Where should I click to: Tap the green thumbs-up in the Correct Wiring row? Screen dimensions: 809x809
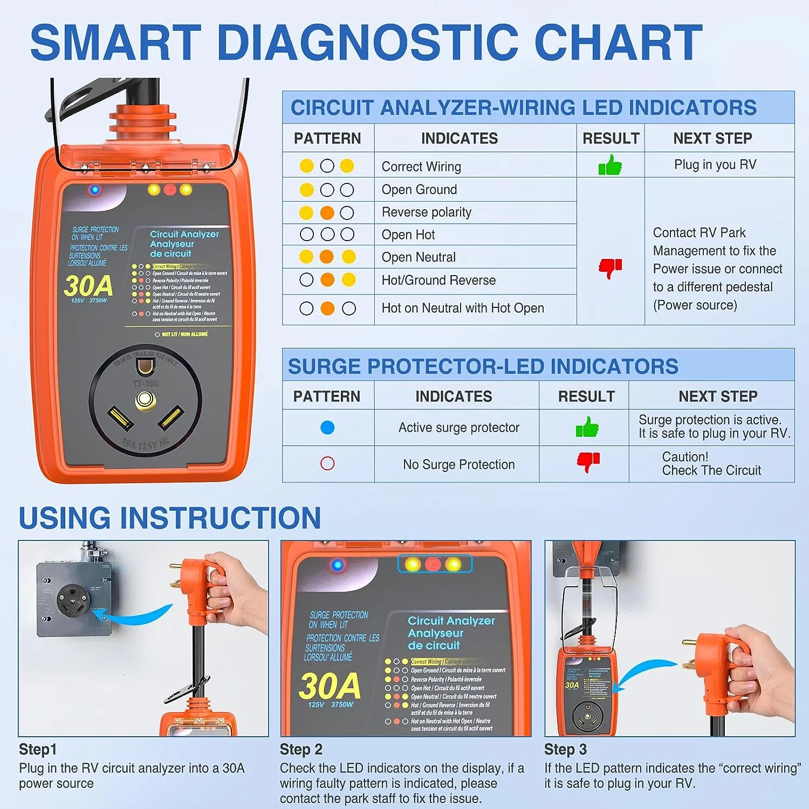(x=610, y=165)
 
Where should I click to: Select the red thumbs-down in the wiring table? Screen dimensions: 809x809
(x=610, y=267)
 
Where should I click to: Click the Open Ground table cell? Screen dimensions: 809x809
(x=419, y=190)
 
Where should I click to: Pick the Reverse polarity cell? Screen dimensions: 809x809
(x=426, y=212)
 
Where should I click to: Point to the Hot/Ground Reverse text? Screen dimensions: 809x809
(x=438, y=280)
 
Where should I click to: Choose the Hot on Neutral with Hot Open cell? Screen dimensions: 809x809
(x=462, y=308)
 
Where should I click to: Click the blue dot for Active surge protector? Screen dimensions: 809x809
(x=327, y=428)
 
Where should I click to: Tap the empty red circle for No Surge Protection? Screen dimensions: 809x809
(x=327, y=464)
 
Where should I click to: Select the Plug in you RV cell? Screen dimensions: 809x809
(x=715, y=165)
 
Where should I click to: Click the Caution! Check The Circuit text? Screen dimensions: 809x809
(x=711, y=464)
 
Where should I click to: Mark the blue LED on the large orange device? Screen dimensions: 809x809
(x=95, y=190)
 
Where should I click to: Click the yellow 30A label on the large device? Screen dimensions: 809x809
(x=88, y=286)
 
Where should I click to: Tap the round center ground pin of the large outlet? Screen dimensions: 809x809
(x=145, y=400)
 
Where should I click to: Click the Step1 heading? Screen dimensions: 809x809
(x=38, y=750)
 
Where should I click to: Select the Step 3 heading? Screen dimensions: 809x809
(x=565, y=750)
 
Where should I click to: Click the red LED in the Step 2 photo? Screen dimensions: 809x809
(x=433, y=565)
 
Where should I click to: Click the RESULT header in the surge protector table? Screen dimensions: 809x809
(x=586, y=396)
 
